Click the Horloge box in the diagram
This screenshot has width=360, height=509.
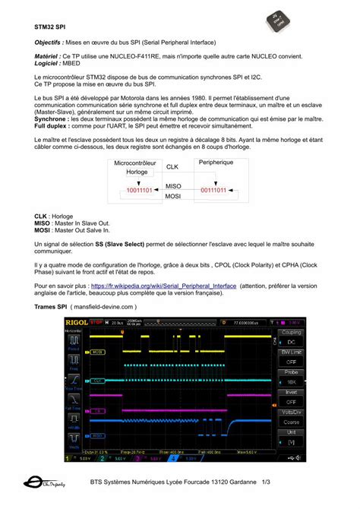tap(137, 172)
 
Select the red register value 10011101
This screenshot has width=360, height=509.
tap(139, 190)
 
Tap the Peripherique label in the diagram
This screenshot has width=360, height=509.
tap(216, 163)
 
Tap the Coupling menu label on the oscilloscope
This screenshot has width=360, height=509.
tap(289, 332)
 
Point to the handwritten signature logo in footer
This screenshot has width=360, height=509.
tap(45, 482)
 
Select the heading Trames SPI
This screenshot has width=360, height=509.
tap(51, 307)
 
